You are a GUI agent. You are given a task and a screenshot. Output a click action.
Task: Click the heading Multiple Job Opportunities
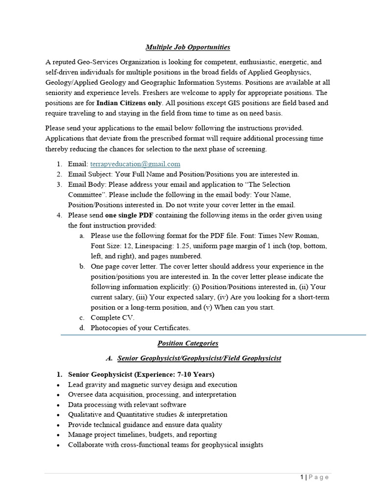tap(188, 47)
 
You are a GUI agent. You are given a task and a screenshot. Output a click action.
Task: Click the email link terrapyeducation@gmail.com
tap(135, 164)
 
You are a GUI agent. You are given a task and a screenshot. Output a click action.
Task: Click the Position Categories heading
tap(188, 343)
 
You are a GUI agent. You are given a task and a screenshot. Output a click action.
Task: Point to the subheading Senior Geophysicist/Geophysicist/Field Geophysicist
tap(199, 358)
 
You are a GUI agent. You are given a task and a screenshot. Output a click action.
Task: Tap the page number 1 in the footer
tap(302, 478)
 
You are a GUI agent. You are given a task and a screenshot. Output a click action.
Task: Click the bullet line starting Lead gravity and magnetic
tap(152, 385)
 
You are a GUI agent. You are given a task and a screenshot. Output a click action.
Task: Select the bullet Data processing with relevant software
tap(127, 405)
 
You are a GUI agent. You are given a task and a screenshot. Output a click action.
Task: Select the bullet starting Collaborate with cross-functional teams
tap(165, 445)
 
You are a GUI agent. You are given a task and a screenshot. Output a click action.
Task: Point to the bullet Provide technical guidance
tap(145, 425)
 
